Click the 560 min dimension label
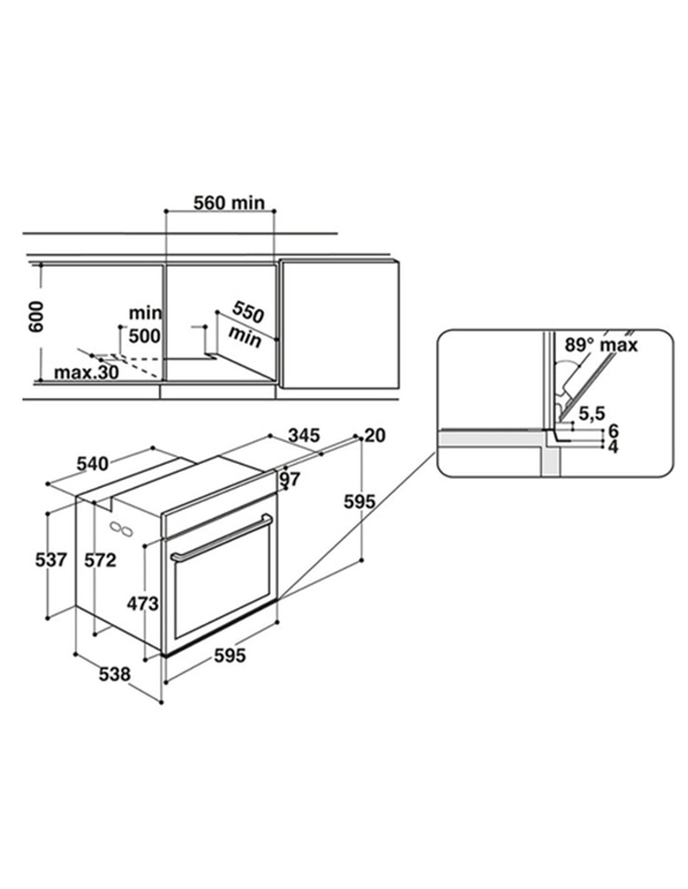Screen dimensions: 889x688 pyautogui.click(x=228, y=203)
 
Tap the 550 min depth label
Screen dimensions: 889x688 pyautogui.click(x=247, y=323)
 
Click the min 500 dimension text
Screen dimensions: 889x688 pyautogui.click(x=144, y=325)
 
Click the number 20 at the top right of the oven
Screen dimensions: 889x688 pyautogui.click(x=375, y=436)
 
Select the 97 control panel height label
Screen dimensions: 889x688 pyautogui.click(x=290, y=480)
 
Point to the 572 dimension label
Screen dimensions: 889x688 pyautogui.click(x=100, y=561)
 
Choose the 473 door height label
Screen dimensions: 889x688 pyautogui.click(x=142, y=603)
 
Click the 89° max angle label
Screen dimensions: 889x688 pyautogui.click(x=600, y=344)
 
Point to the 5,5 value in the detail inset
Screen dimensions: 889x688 pyautogui.click(x=592, y=413)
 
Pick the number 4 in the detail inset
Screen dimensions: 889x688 pyautogui.click(x=613, y=447)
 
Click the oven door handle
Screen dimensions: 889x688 pyautogui.click(x=222, y=536)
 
